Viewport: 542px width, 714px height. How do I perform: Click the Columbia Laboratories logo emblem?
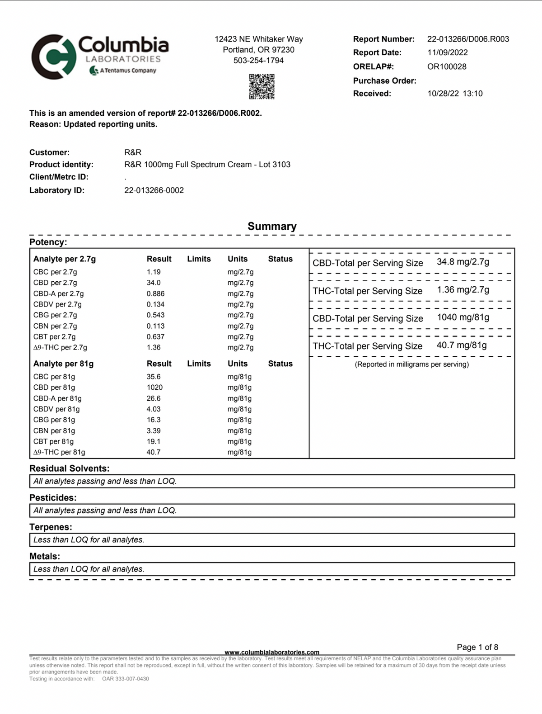(x=53, y=57)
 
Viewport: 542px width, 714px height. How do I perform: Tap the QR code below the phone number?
(x=262, y=86)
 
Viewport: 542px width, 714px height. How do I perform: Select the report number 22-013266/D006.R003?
(x=468, y=39)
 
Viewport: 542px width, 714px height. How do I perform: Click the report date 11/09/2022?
(x=447, y=53)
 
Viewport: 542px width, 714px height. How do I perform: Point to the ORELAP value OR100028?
(x=447, y=67)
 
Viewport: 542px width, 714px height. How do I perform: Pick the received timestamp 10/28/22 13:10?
(x=455, y=94)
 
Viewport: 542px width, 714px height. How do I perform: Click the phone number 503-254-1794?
(x=258, y=61)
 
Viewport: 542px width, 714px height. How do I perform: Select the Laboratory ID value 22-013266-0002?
(x=154, y=190)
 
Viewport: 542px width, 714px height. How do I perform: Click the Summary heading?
(x=272, y=227)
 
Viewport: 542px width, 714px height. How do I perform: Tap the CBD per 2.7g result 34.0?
(x=154, y=283)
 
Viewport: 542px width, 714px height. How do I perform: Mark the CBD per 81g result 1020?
(x=154, y=388)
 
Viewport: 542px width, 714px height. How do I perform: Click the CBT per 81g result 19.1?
(x=154, y=441)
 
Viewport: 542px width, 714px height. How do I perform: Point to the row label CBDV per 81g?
(x=56, y=409)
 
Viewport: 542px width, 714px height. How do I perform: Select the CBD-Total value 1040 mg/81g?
(x=463, y=317)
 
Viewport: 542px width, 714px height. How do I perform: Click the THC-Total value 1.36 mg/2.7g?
(x=463, y=290)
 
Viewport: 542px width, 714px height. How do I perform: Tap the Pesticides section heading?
(x=53, y=498)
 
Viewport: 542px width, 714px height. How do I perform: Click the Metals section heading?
(x=45, y=556)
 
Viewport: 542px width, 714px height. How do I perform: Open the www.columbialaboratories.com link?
(x=272, y=652)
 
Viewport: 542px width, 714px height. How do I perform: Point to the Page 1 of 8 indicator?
(x=477, y=647)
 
